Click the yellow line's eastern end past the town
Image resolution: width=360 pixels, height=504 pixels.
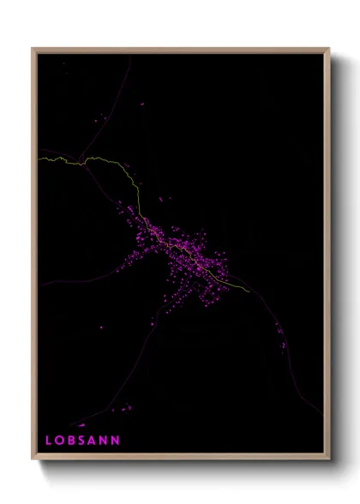pyautogui.click(x=250, y=291)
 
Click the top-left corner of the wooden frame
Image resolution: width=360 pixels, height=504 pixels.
pyautogui.click(x=33, y=49)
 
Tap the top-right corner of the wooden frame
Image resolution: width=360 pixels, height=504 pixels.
pyautogui.click(x=329, y=49)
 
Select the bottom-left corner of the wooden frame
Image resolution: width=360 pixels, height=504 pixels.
pyautogui.click(x=33, y=459)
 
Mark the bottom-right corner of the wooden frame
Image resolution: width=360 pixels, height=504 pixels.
pyautogui.click(x=329, y=459)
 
